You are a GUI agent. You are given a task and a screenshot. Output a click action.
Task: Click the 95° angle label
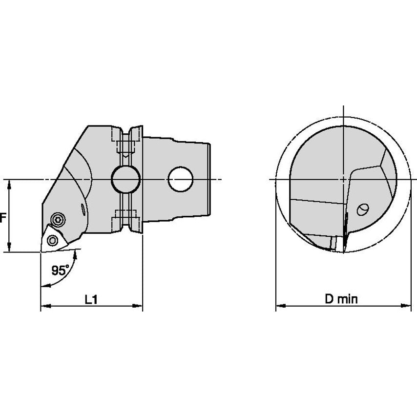60,271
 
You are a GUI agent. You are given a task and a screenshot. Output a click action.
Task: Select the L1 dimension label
91,300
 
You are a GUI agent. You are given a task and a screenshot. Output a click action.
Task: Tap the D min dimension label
341,299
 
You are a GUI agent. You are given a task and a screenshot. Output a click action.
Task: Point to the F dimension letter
2,218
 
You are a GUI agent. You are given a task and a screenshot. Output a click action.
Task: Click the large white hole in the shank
181,179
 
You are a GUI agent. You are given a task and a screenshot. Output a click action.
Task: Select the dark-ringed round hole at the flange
125,179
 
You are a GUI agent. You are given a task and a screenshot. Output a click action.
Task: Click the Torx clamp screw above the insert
58,220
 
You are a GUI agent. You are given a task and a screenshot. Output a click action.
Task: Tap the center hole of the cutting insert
52,241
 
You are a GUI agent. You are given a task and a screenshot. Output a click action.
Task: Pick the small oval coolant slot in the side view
83,210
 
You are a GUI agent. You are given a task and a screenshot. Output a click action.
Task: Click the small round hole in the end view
362,209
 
